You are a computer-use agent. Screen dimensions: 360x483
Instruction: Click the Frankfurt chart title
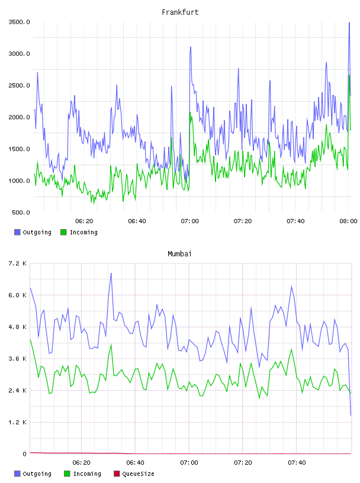pyautogui.click(x=180, y=12)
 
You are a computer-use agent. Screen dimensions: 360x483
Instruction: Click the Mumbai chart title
pyautogui.click(x=179, y=253)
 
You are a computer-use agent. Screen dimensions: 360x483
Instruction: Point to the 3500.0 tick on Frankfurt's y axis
pyautogui.click(x=19, y=22)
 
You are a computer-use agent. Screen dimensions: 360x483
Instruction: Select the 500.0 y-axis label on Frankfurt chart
pyautogui.click(x=21, y=212)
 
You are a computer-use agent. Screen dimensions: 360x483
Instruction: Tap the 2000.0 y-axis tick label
pyautogui.click(x=19, y=117)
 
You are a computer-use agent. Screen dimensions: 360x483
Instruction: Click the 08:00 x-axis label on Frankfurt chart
pyautogui.click(x=348, y=221)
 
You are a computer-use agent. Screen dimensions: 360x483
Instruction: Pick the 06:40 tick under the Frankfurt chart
pyautogui.click(x=137, y=221)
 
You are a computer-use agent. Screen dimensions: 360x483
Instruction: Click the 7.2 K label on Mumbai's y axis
pyautogui.click(x=17, y=263)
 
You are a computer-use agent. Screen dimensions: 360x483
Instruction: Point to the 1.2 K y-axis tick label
pyautogui.click(x=17, y=422)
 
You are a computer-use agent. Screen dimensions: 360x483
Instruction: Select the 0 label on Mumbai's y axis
pyautogui.click(x=24, y=454)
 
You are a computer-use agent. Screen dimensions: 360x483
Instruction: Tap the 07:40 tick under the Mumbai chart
pyautogui.click(x=297, y=462)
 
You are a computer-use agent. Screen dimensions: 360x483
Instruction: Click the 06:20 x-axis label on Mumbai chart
pyautogui.click(x=81, y=462)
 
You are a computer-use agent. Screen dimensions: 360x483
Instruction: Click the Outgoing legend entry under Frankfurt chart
pyautogui.click(x=33, y=232)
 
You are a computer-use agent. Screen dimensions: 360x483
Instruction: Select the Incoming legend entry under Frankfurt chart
pyautogui.click(x=79, y=232)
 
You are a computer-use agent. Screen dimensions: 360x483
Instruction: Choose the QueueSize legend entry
pyautogui.click(x=134, y=474)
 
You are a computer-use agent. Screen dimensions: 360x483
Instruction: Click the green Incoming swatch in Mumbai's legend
pyautogui.click(x=67, y=474)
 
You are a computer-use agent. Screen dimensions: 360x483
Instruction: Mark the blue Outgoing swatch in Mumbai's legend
pyautogui.click(x=17, y=474)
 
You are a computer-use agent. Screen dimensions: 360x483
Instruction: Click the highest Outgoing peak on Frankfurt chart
pyautogui.click(x=349, y=22)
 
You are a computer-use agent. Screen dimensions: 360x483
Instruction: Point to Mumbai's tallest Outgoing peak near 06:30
pyautogui.click(x=111, y=273)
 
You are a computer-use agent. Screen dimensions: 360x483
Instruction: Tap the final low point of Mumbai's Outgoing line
pyautogui.click(x=351, y=416)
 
